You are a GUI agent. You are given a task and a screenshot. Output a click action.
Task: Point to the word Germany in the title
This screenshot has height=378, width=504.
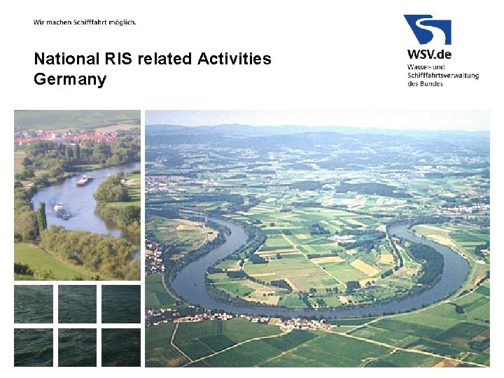[69, 79]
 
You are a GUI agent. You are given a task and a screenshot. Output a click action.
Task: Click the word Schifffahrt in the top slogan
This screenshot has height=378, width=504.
[92, 22]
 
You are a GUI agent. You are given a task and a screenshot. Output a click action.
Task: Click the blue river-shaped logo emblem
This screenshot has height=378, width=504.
[427, 29]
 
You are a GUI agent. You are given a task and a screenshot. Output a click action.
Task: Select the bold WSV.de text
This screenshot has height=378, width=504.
[430, 54]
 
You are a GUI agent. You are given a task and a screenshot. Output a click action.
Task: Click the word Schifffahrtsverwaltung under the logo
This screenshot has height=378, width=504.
[442, 75]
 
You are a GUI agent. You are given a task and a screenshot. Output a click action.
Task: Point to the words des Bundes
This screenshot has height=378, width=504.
[425, 84]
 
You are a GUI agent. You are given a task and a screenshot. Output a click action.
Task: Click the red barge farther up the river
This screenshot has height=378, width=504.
[84, 181]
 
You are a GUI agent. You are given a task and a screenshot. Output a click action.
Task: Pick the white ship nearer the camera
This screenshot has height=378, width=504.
[62, 209]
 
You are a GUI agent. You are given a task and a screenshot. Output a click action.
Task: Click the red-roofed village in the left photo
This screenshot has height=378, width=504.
[56, 136]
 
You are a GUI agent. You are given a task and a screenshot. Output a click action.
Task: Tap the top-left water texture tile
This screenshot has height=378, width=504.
[34, 304]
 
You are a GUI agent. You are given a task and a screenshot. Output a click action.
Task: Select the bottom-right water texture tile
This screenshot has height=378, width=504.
[120, 347]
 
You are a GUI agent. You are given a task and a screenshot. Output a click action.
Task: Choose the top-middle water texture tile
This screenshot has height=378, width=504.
[77, 304]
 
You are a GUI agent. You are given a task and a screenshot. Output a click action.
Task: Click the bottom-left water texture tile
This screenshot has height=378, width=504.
[34, 347]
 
